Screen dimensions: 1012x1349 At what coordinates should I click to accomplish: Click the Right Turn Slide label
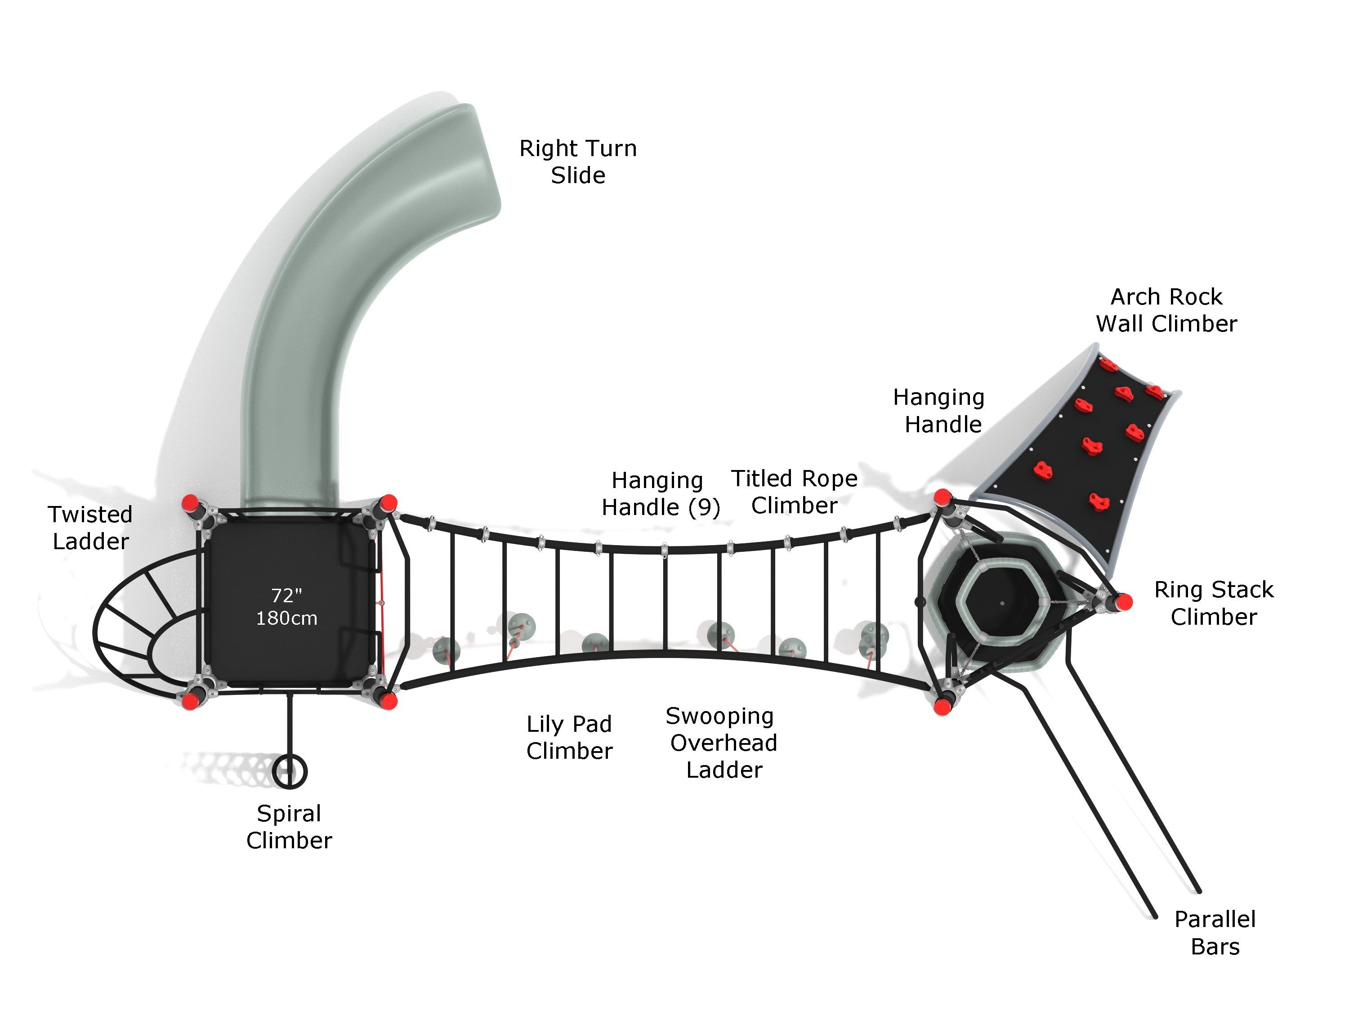click(577, 161)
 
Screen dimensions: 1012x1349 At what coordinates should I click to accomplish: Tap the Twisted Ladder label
click(90, 528)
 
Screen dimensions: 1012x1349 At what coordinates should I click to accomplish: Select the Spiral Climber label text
click(289, 827)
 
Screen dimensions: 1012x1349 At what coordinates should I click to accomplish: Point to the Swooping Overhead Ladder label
click(723, 743)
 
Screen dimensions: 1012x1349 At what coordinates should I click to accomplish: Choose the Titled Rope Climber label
click(794, 492)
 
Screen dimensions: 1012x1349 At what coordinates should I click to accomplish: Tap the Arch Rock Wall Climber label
click(1166, 310)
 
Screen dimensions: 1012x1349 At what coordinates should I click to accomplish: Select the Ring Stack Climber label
click(1214, 603)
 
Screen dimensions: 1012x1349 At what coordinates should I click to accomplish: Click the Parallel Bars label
click(1215, 933)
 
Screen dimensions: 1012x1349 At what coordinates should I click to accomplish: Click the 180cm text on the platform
click(286, 618)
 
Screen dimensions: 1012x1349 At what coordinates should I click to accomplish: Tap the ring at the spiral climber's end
click(289, 772)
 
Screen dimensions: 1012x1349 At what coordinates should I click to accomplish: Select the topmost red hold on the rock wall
click(1108, 365)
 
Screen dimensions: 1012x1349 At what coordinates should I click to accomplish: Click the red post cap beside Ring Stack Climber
click(1125, 602)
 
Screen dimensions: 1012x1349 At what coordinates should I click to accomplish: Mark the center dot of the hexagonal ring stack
click(1002, 603)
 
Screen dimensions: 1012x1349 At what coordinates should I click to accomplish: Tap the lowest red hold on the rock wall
click(1099, 502)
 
